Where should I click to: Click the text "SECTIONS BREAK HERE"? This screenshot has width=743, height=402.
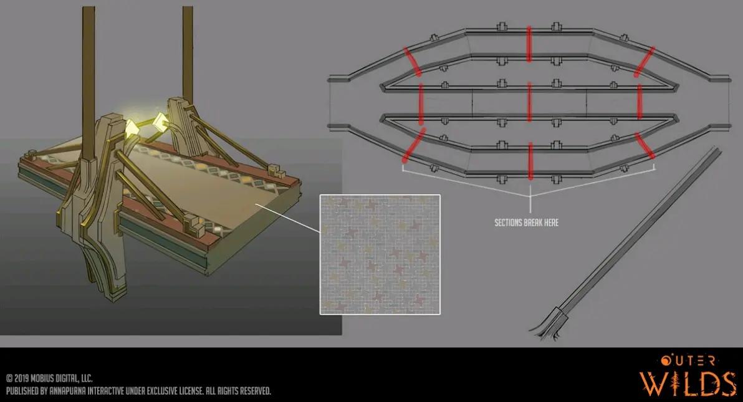coord(527,223)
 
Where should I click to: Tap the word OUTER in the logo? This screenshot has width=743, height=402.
coord(688,361)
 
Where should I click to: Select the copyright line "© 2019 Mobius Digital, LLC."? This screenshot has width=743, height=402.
coord(49,378)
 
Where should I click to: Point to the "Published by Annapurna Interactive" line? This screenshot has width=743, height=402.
coord(138,391)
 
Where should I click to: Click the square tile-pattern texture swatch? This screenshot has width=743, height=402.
coord(380,254)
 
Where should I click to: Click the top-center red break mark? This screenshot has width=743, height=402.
coord(529,44)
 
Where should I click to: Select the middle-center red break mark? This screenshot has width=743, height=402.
coord(529,102)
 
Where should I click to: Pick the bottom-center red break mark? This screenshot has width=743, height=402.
coord(530,161)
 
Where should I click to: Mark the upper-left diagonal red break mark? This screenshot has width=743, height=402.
coord(412,62)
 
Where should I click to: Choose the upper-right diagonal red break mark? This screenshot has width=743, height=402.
coord(645,62)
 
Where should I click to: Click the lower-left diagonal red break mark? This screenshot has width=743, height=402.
coord(414,145)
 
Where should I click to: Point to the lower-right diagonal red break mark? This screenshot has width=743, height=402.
coord(645,146)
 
